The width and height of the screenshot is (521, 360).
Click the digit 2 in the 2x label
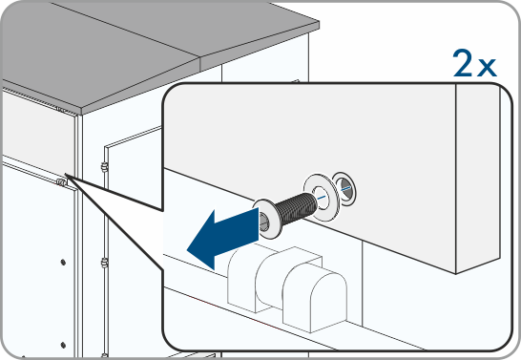pyautogui.click(x=462, y=63)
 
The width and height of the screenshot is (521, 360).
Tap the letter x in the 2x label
pyautogui.click(x=487, y=67)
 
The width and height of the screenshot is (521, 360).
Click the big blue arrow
pyautogui.click(x=222, y=239)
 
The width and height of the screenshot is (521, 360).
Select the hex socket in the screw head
pyautogui.click(x=264, y=221)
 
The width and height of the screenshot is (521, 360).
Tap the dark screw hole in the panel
pyautogui.click(x=344, y=188)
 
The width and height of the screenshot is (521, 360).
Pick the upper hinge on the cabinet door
pyautogui.click(x=105, y=167)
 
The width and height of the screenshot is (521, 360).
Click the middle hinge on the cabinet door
pyautogui.click(x=105, y=264)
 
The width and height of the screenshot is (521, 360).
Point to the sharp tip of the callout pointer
pyautogui.click(x=65, y=174)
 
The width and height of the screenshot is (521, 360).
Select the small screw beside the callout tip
pyautogui.click(x=61, y=181)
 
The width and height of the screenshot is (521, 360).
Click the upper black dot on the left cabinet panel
pyautogui.click(x=63, y=263)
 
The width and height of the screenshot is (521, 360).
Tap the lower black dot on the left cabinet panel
pyautogui.click(x=63, y=345)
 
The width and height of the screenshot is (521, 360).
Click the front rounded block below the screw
pyautogui.click(x=315, y=298)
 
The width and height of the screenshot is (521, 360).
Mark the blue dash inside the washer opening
pyautogui.click(x=322, y=198)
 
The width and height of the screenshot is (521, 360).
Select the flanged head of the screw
pyautogui.click(x=266, y=219)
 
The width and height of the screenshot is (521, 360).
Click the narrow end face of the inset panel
pyautogui.click(x=477, y=180)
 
